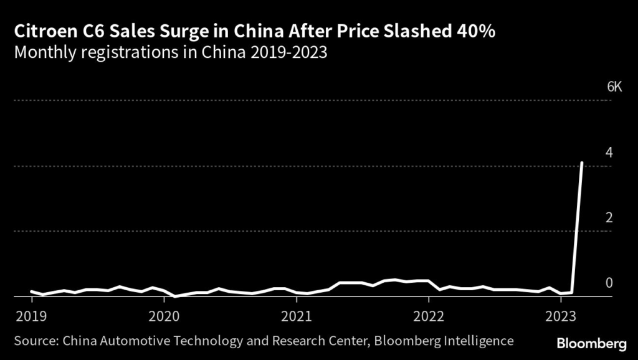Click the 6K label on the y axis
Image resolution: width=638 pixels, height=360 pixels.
pyautogui.click(x=614, y=87)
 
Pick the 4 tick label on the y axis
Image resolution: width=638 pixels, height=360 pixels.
pyautogui.click(x=609, y=152)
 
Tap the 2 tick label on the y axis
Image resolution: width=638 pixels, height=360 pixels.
pyautogui.click(x=609, y=217)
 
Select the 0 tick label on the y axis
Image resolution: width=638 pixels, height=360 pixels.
pyautogui.click(x=609, y=283)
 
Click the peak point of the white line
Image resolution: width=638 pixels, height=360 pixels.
pyautogui.click(x=582, y=163)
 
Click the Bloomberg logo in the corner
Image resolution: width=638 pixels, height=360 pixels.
pyautogui.click(x=591, y=343)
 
